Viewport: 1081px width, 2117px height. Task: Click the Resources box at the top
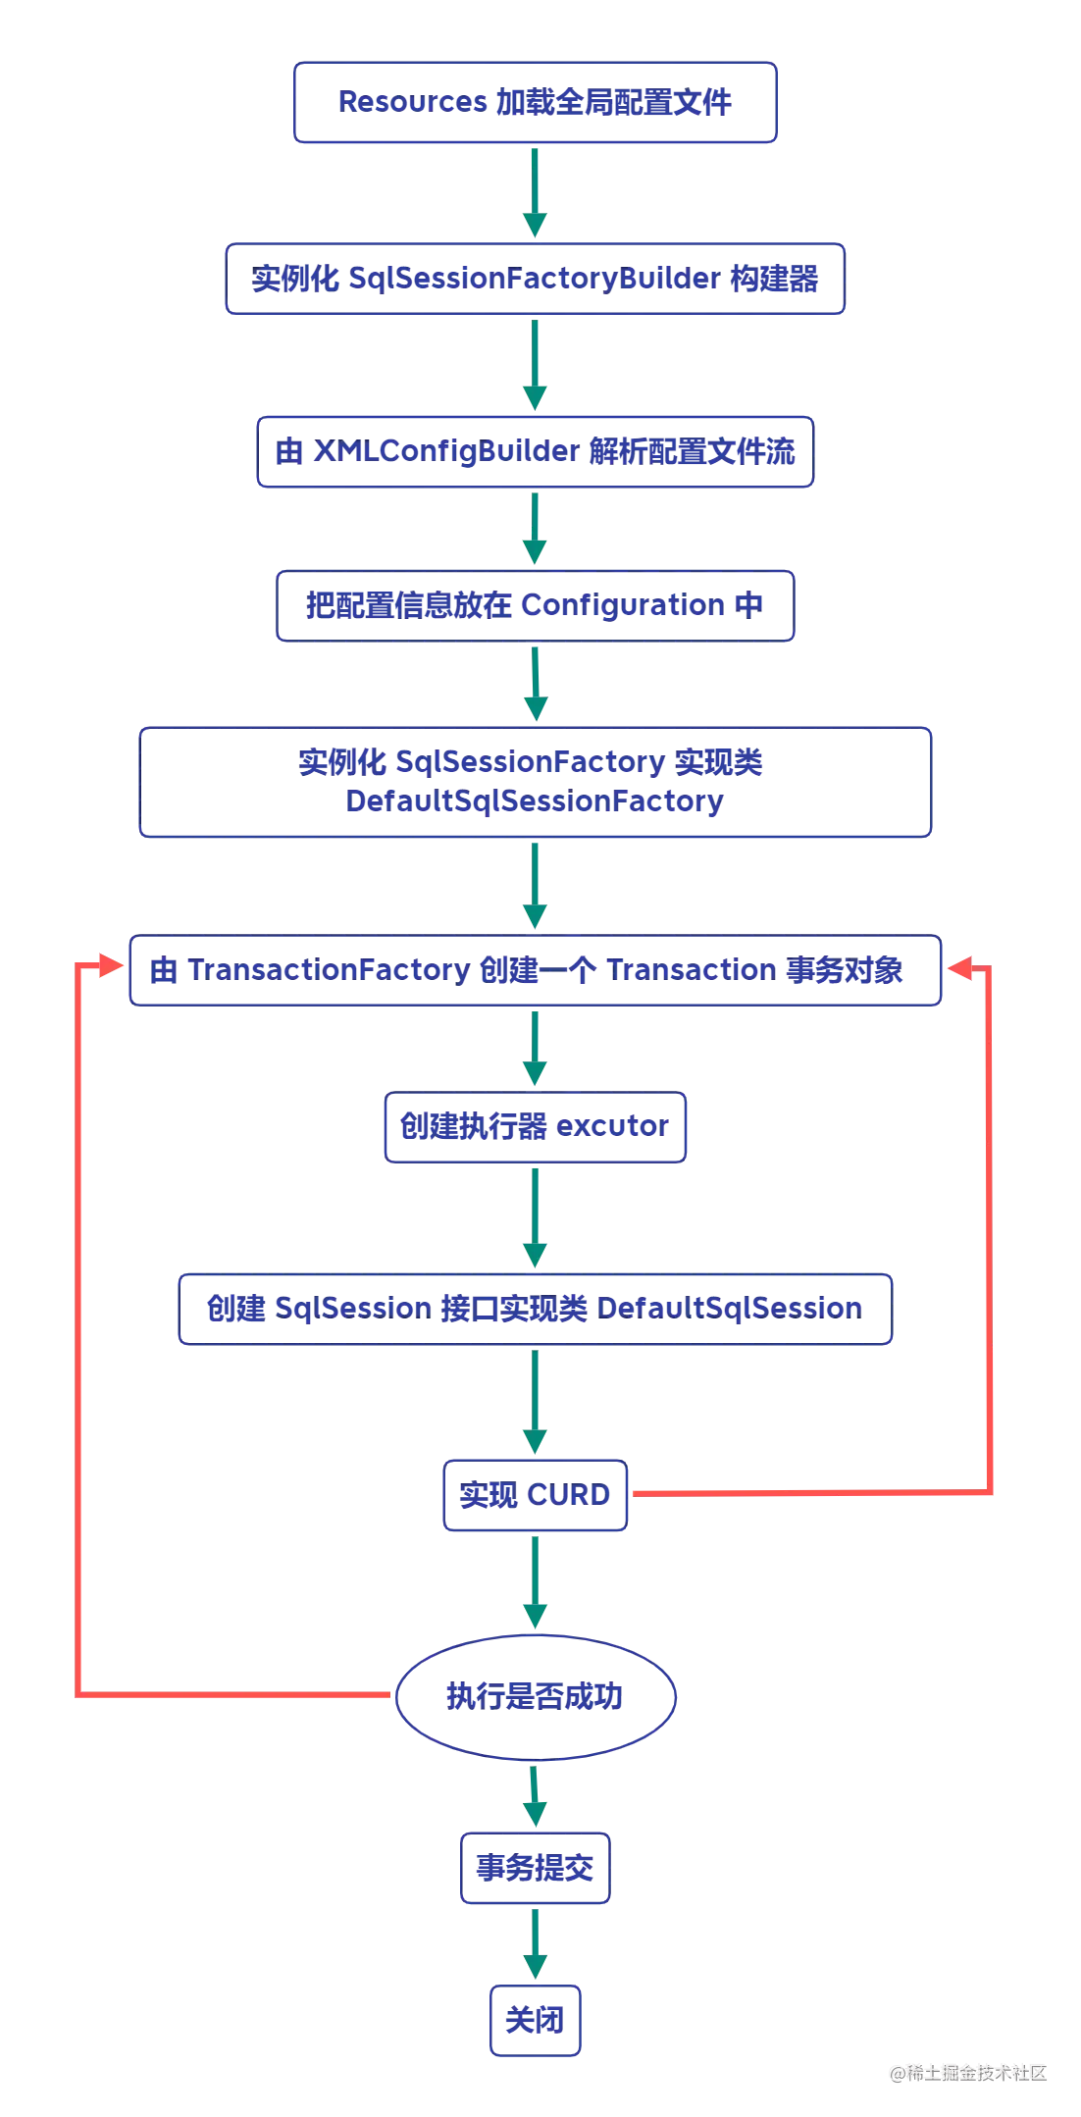coord(535,102)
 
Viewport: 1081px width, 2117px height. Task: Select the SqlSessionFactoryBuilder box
coord(535,279)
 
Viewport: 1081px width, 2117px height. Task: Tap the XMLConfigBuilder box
coord(535,452)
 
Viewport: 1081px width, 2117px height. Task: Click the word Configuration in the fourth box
coord(623,605)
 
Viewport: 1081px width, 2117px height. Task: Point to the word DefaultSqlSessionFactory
coord(535,802)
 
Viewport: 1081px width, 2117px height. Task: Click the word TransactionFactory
coord(329,970)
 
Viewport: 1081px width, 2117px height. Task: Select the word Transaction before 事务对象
coord(693,970)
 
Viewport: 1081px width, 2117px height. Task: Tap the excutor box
coord(535,1126)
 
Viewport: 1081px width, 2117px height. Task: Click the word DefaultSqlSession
coord(730,1308)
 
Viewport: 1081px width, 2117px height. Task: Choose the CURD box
coord(535,1495)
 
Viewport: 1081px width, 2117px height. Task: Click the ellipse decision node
coord(535,1696)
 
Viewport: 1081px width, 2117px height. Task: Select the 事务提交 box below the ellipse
coord(535,1867)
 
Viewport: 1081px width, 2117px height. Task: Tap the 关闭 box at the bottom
coord(536,2021)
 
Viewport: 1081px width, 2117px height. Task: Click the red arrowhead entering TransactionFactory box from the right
coord(957,969)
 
